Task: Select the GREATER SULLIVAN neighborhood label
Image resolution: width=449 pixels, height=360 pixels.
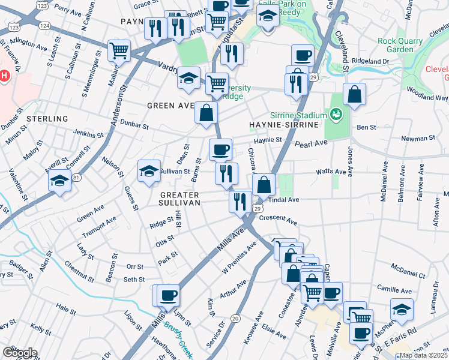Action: (179, 199)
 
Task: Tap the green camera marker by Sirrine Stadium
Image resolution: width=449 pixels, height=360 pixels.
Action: (336, 113)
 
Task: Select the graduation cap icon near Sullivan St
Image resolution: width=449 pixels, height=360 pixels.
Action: (149, 172)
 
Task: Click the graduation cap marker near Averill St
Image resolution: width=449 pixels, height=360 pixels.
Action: (59, 179)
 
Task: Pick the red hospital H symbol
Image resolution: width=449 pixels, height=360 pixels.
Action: (4, 76)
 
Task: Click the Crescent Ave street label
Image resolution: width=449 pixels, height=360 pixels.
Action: (278, 220)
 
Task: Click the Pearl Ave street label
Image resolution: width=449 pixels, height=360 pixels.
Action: (310, 143)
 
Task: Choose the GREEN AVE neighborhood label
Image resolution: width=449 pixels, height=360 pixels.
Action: (170, 106)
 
